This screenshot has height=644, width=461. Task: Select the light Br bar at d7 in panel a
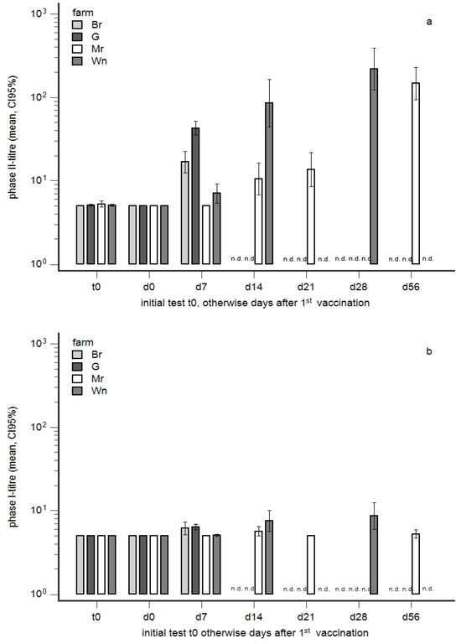[x=184, y=213]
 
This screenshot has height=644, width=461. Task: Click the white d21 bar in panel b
[x=311, y=564]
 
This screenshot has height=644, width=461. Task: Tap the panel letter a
[x=428, y=22]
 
